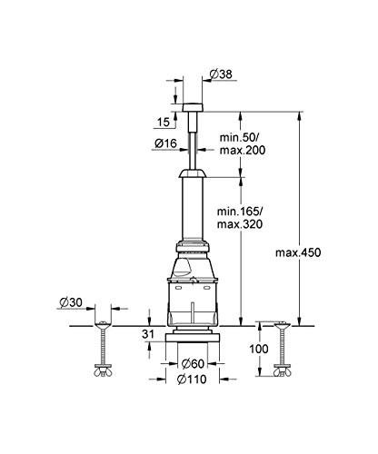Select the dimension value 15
click(x=162, y=122)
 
